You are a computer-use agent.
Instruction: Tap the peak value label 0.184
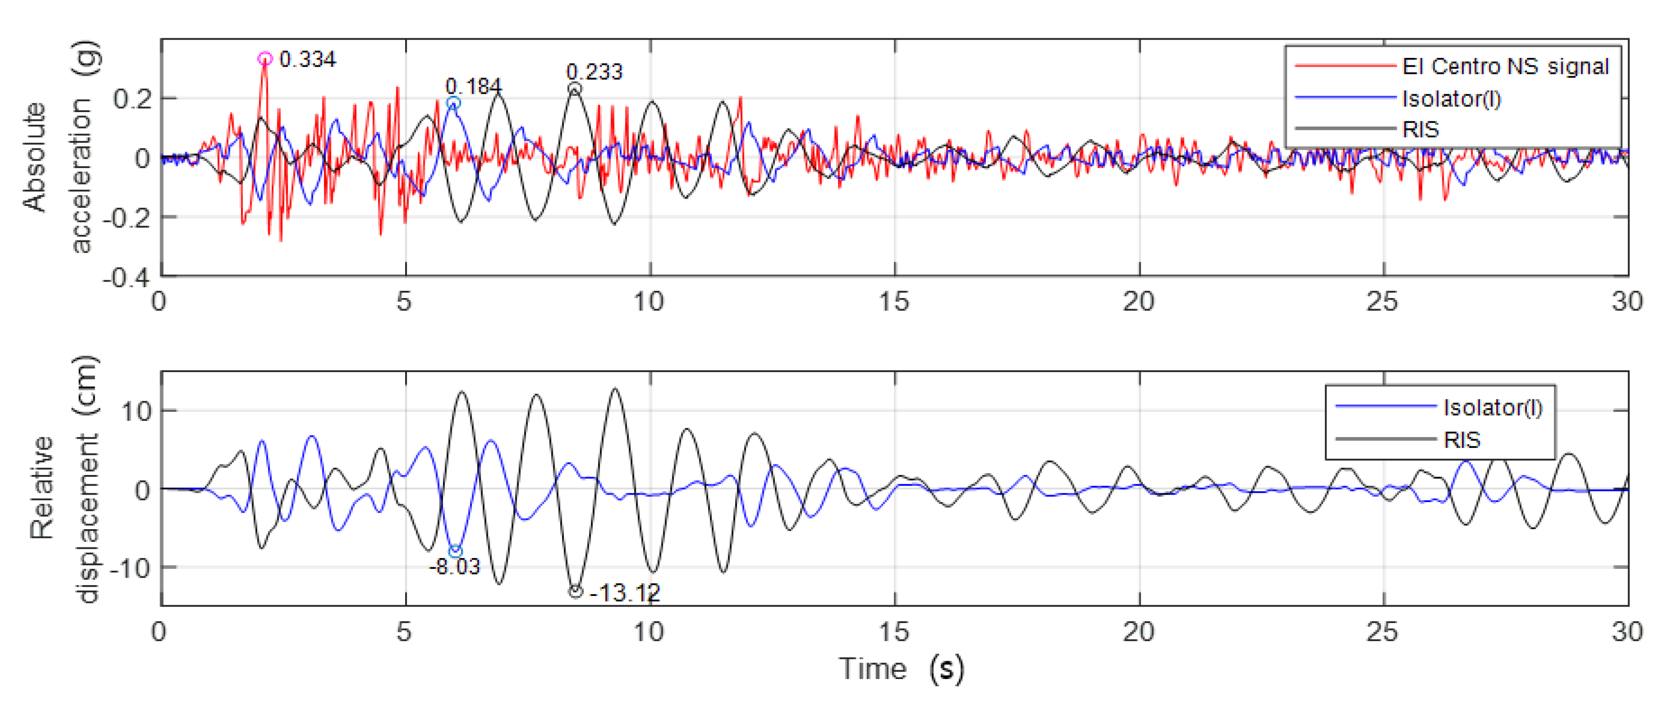coord(473,86)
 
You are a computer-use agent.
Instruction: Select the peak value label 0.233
coord(594,71)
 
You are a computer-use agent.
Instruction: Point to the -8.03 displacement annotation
coord(455,567)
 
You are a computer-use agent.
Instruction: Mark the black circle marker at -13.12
coord(575,591)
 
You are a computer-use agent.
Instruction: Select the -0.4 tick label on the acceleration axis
coord(126,277)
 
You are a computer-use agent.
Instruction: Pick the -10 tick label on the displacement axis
coord(130,568)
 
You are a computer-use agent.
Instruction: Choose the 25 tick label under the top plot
coord(1382,301)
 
